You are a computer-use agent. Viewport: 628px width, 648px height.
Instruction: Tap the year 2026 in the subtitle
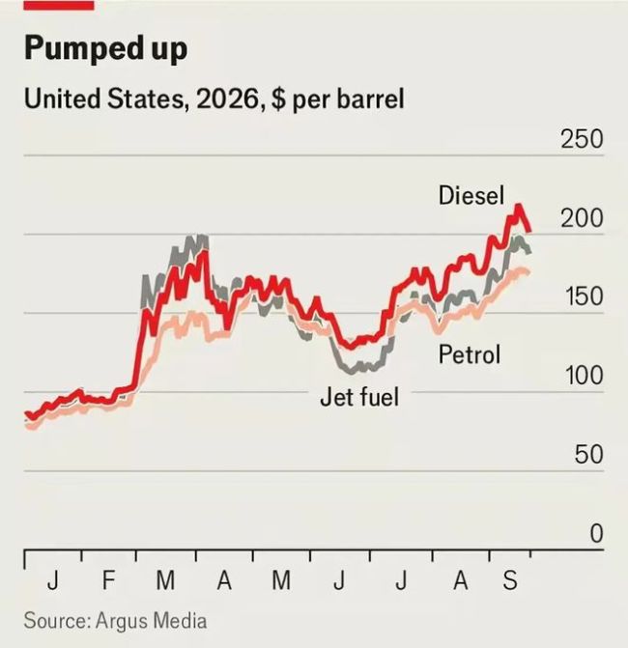[227, 99]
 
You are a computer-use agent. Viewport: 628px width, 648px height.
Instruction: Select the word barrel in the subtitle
[370, 99]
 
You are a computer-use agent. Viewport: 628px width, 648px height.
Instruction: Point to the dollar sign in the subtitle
[278, 99]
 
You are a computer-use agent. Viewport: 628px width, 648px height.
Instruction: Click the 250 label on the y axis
[582, 139]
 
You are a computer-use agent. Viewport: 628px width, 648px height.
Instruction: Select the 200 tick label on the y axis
[582, 218]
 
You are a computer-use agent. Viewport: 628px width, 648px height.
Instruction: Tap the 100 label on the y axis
[584, 376]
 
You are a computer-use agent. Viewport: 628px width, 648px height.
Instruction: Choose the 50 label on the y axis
[588, 455]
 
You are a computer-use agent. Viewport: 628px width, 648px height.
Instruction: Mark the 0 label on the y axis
[596, 533]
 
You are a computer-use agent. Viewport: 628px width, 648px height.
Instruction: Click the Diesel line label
[471, 195]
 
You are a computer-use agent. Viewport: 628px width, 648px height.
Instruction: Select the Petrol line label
[470, 354]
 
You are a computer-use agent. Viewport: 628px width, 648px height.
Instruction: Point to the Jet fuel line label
[359, 397]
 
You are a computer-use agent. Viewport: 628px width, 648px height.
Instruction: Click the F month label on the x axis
[108, 580]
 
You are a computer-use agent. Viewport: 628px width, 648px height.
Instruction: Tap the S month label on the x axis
[510, 580]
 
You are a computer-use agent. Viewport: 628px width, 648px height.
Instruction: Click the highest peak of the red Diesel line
[518, 206]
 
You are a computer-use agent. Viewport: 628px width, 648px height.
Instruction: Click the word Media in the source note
[180, 620]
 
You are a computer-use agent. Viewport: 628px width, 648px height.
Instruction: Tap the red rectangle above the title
[59, 5]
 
